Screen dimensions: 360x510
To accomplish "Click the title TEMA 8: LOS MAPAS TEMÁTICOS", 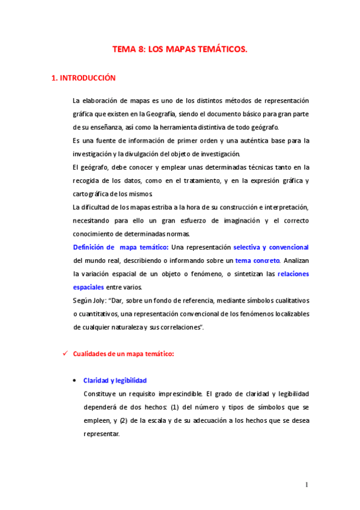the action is click(180, 51).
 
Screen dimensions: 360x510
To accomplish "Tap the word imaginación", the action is click(224, 220).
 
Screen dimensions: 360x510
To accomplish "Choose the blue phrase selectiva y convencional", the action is click(271, 247).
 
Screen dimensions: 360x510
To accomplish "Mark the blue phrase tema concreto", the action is click(257, 260).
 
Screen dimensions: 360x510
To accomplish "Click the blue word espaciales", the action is click(88, 287).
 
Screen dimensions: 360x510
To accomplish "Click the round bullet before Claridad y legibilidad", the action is click(74, 381).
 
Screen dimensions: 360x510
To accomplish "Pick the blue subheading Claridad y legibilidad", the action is click(115, 381).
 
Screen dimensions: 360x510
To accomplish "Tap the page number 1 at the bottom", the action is click(307, 485).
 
